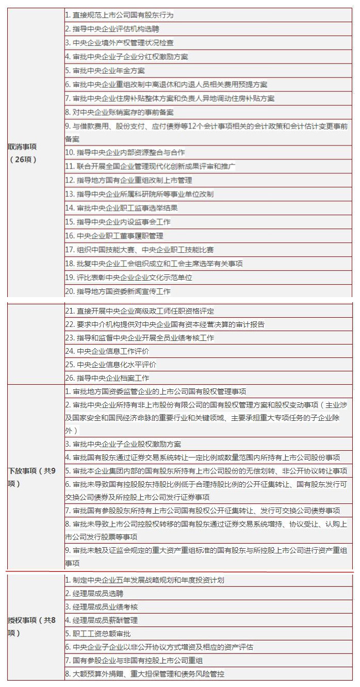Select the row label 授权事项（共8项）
click(32, 626)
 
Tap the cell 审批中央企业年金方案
click(105, 71)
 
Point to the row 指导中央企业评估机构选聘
click(112, 29)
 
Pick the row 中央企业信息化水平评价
click(110, 365)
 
